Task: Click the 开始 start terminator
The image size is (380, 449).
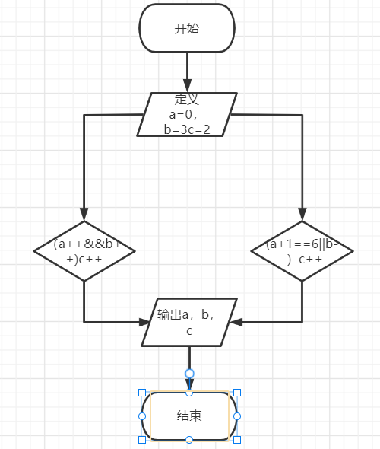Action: pyautogui.click(x=187, y=28)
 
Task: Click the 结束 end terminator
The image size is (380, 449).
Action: pyautogui.click(x=189, y=416)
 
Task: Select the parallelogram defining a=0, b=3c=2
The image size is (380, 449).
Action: pyautogui.click(x=187, y=115)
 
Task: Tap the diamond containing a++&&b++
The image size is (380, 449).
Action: pyautogui.click(x=84, y=251)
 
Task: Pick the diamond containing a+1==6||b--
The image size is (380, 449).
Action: pyautogui.click(x=302, y=251)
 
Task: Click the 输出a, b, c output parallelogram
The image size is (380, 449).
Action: pyautogui.click(x=189, y=322)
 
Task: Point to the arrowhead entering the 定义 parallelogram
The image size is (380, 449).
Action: pyautogui.click(x=187, y=86)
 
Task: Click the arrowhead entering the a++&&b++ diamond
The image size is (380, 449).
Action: pyautogui.click(x=84, y=214)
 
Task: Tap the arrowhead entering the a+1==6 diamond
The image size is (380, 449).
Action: pyautogui.click(x=302, y=214)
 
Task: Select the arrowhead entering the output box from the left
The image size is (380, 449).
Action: pyautogui.click(x=144, y=322)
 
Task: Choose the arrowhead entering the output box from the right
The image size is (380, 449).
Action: pyautogui.click(x=236, y=322)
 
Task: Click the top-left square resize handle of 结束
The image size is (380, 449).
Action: pyautogui.click(x=142, y=393)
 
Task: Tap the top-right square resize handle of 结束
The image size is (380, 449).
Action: pyautogui.click(x=237, y=393)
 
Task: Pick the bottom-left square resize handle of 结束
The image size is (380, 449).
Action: pyautogui.click(x=142, y=440)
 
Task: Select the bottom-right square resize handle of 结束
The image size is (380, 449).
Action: pyautogui.click(x=237, y=440)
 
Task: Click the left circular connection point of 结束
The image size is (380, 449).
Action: pyautogui.click(x=142, y=416)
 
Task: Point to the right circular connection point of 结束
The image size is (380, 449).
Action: pyautogui.click(x=237, y=416)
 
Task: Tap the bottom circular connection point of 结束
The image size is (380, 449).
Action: pyautogui.click(x=189, y=440)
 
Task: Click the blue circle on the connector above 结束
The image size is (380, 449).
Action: pyautogui.click(x=189, y=374)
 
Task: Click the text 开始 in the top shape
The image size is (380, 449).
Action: pyautogui.click(x=187, y=29)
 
